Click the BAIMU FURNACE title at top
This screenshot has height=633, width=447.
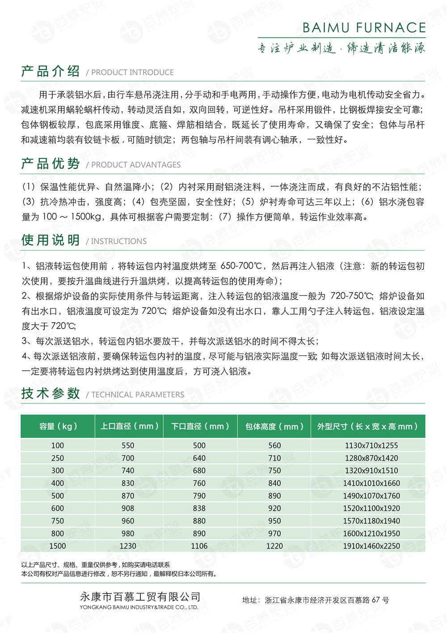364,28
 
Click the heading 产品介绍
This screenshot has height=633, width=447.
51,71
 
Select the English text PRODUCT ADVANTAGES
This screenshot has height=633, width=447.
136,165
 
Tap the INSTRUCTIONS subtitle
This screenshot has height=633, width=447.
118,241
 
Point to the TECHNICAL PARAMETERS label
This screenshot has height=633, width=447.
138,394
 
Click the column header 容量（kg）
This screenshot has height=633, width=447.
58,426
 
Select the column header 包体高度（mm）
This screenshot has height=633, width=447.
274,427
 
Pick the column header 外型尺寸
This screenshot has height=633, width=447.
367,427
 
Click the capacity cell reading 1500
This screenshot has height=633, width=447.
58,546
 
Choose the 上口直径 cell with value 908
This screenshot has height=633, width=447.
128,509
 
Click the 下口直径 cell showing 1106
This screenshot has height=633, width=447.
199,546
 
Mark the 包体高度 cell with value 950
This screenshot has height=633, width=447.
274,521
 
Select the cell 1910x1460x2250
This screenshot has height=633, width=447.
371,546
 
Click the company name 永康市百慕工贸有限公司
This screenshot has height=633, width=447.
140,597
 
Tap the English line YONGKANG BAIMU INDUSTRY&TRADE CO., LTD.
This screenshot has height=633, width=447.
139,607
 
